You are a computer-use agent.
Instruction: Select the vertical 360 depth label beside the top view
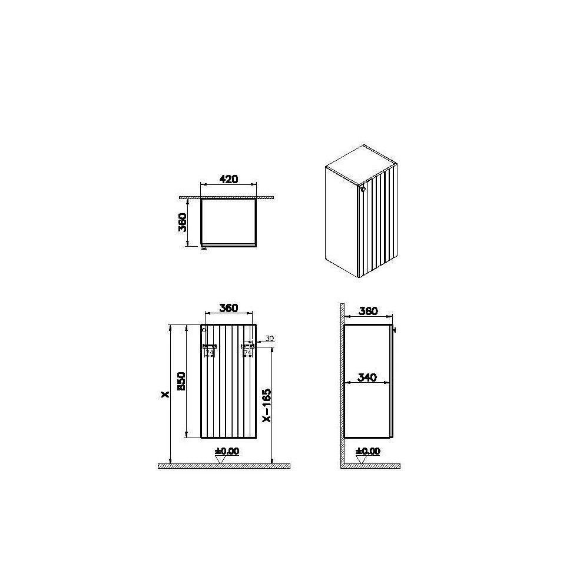point(183,222)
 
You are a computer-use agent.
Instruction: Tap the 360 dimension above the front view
point(228,307)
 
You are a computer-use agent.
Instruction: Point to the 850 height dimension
point(181,382)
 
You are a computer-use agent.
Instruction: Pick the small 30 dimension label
point(270,338)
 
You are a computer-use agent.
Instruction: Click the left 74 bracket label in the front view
point(209,352)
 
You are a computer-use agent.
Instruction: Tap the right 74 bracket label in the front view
point(247,352)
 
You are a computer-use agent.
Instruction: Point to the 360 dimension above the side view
point(367,311)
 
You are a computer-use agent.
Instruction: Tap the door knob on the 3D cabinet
point(362,189)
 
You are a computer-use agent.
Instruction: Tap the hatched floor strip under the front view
point(224,466)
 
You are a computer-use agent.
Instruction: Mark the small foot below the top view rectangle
point(204,248)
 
